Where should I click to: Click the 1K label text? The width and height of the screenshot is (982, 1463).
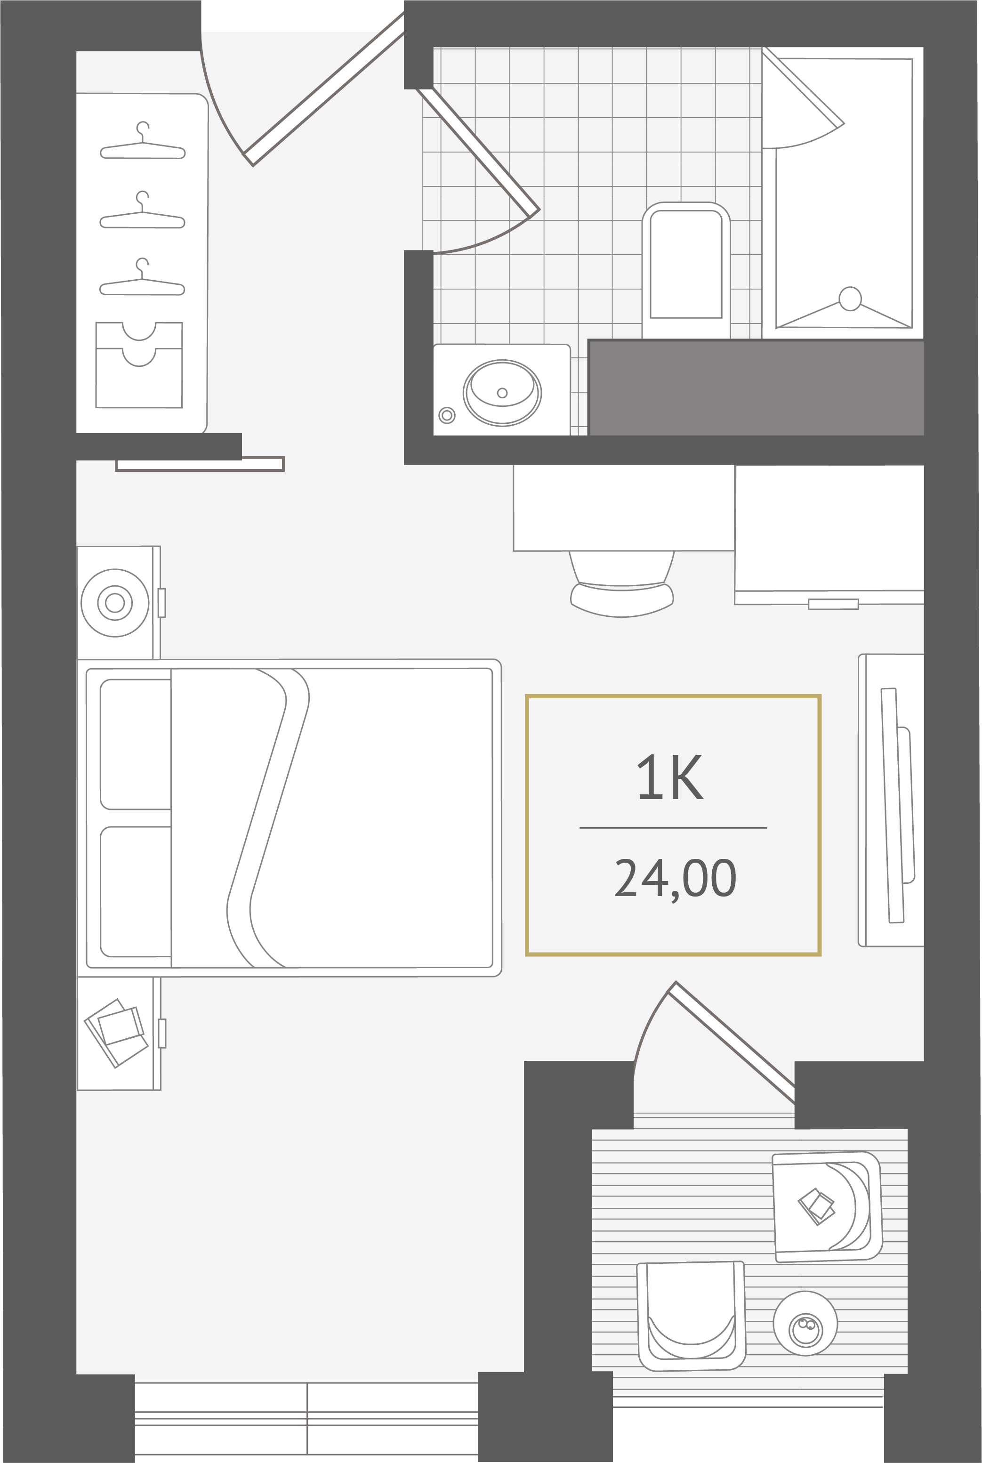670,777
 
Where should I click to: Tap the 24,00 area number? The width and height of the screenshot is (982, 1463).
675,879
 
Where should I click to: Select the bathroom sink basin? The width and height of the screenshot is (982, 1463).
502,393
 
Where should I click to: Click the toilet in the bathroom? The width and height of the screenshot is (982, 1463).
686,270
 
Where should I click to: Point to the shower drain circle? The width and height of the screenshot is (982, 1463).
850,299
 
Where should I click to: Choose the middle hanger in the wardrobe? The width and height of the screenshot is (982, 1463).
143,210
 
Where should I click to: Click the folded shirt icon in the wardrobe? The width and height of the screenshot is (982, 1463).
139,364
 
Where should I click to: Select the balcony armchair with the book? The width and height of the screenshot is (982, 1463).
827,1207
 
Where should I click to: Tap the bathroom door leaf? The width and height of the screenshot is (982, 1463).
478,152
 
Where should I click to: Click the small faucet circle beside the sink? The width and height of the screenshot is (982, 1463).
447,415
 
